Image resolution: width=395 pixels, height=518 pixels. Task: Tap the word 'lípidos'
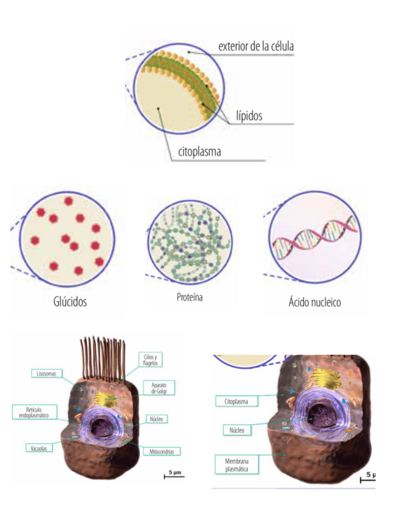(250, 116)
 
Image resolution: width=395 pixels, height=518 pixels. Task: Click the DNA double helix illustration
(314, 238)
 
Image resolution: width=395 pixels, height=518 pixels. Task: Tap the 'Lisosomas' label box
(46, 373)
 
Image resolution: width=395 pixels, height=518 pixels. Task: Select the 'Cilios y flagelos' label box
(151, 360)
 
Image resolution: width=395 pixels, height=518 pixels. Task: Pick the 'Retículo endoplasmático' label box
(34, 412)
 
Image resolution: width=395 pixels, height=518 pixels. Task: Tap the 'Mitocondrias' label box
(162, 451)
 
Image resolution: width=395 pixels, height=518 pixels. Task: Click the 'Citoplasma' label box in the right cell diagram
(236, 401)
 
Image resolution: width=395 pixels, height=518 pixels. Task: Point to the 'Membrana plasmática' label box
(236, 464)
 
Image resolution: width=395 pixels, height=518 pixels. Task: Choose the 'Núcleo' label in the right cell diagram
(237, 430)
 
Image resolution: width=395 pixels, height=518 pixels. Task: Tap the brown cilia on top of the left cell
(102, 361)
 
